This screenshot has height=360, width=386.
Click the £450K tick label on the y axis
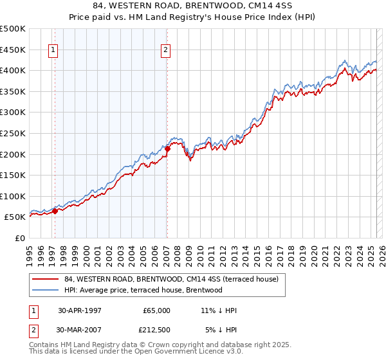tap(13, 50)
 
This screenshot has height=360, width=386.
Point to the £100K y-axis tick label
tap(13, 196)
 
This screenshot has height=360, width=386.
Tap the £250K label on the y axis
tap(13, 133)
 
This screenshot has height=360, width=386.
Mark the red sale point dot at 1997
tap(55, 210)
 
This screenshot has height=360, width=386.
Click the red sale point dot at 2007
tap(167, 148)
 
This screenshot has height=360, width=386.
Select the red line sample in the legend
tap(45, 279)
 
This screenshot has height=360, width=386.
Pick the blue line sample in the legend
tap(45, 290)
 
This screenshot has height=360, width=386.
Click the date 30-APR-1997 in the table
tap(80, 310)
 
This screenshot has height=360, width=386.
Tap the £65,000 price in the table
tap(156, 310)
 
